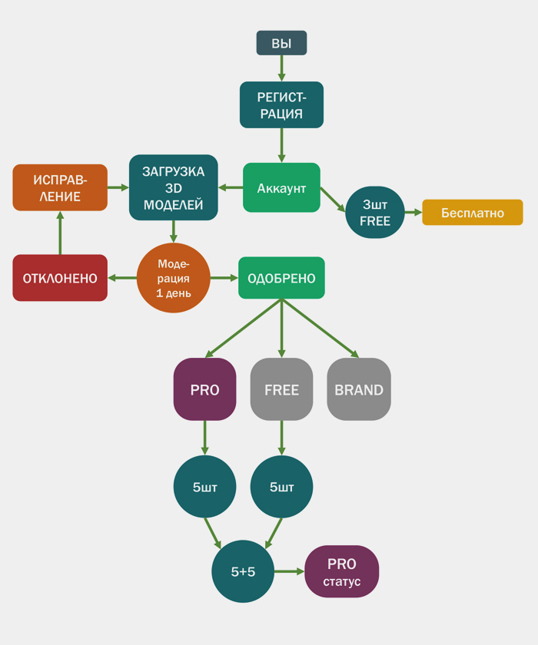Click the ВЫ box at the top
[281, 43]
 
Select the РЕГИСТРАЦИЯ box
[281, 105]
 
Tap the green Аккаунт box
[281, 187]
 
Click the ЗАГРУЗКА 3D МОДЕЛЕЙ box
[174, 187]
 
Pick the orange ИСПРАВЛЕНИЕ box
[60, 187]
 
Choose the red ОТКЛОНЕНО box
[60, 277]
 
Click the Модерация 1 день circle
[174, 277]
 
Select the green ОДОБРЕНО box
[281, 277]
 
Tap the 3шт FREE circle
[375, 212]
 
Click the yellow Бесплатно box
[472, 212]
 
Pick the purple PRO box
[204, 389]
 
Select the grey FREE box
[281, 389]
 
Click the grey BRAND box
[359, 389]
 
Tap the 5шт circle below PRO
[204, 487]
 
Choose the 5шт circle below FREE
[281, 487]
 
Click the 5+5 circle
[243, 571]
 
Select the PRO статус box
[342, 571]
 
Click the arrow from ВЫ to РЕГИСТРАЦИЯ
[281, 68]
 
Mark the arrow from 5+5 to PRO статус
[290, 571]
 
